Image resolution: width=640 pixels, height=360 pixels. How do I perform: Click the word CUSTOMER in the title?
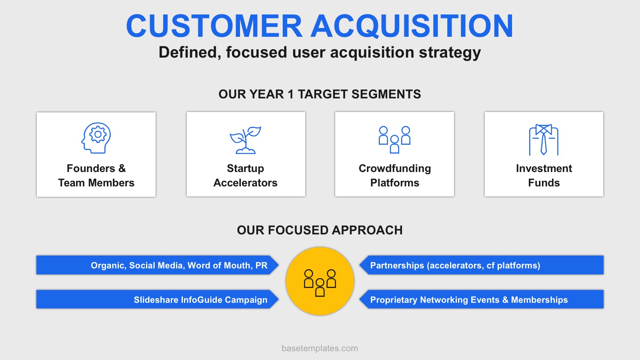tap(214, 26)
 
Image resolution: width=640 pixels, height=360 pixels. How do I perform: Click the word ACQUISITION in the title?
tap(412, 26)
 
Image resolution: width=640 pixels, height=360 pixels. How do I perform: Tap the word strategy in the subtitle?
tap(450, 53)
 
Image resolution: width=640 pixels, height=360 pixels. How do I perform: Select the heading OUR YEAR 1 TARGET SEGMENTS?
tap(320, 94)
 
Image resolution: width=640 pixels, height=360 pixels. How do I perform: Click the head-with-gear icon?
tap(96, 138)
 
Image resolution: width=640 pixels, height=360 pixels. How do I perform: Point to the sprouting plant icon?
tap(246, 140)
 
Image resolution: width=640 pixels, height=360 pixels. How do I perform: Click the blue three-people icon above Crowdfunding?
tap(394, 140)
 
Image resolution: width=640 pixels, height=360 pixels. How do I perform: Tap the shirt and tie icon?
tap(544, 140)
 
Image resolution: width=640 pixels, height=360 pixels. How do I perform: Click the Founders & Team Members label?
tap(96, 176)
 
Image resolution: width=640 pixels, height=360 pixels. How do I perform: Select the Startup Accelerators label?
tap(246, 176)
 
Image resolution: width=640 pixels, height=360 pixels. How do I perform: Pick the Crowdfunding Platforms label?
tap(394, 176)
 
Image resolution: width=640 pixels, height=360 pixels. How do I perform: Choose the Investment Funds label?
tap(544, 176)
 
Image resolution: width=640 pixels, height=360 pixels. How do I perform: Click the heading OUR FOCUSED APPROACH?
tap(320, 230)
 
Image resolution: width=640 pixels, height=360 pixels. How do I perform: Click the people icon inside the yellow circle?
tap(320, 282)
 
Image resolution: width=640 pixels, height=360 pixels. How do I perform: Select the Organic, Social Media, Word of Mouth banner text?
tap(179, 266)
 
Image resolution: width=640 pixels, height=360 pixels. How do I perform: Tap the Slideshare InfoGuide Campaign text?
tap(200, 300)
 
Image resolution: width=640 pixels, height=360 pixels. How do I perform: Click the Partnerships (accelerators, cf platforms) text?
tap(455, 266)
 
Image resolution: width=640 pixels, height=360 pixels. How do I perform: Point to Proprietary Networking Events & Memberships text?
tap(469, 300)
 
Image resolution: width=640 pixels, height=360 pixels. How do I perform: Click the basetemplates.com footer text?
tap(320, 348)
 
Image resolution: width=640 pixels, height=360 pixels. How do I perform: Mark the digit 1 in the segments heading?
tap(291, 94)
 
